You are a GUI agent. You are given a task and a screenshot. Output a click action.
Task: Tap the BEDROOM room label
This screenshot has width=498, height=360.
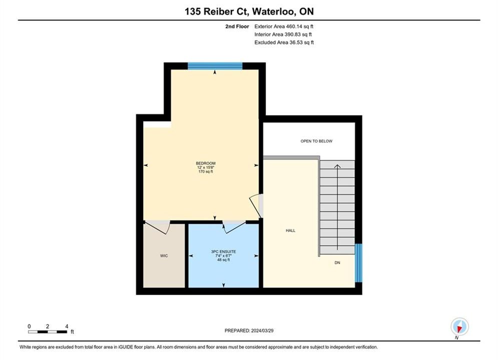point(206,163)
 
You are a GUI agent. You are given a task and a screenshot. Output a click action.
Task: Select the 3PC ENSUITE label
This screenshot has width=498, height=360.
point(224,251)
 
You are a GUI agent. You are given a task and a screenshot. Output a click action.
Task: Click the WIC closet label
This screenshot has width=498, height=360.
point(164,255)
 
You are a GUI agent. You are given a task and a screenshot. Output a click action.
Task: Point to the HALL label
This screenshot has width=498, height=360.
point(290,230)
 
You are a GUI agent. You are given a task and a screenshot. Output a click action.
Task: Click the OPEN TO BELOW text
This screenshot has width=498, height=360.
point(316,141)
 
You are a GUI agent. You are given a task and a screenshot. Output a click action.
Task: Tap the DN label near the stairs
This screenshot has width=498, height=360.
point(337,262)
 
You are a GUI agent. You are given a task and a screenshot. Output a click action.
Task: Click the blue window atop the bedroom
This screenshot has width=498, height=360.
point(215,66)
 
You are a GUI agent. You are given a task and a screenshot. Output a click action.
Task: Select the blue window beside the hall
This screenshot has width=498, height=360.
point(358,262)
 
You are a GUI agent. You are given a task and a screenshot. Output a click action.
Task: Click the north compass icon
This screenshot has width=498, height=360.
point(459,326)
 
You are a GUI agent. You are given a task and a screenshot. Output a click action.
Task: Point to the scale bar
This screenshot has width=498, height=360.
point(48,332)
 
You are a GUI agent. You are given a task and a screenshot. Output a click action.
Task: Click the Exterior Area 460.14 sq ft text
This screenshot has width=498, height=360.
point(284,26)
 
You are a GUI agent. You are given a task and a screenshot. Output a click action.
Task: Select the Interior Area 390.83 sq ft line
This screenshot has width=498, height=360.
point(283,34)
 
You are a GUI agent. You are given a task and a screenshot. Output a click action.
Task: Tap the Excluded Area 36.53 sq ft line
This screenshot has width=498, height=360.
point(284,42)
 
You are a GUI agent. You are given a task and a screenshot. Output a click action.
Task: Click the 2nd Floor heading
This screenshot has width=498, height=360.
point(237,26)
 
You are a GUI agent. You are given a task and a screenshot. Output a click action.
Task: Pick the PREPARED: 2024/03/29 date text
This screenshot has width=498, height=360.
point(249,330)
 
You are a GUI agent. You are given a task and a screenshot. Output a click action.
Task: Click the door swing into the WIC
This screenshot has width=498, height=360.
point(158,227)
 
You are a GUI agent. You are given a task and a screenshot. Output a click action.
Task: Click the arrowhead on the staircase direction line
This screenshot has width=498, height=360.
point(337,166)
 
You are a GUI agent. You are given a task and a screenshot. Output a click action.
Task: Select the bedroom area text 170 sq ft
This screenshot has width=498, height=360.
point(206,171)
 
